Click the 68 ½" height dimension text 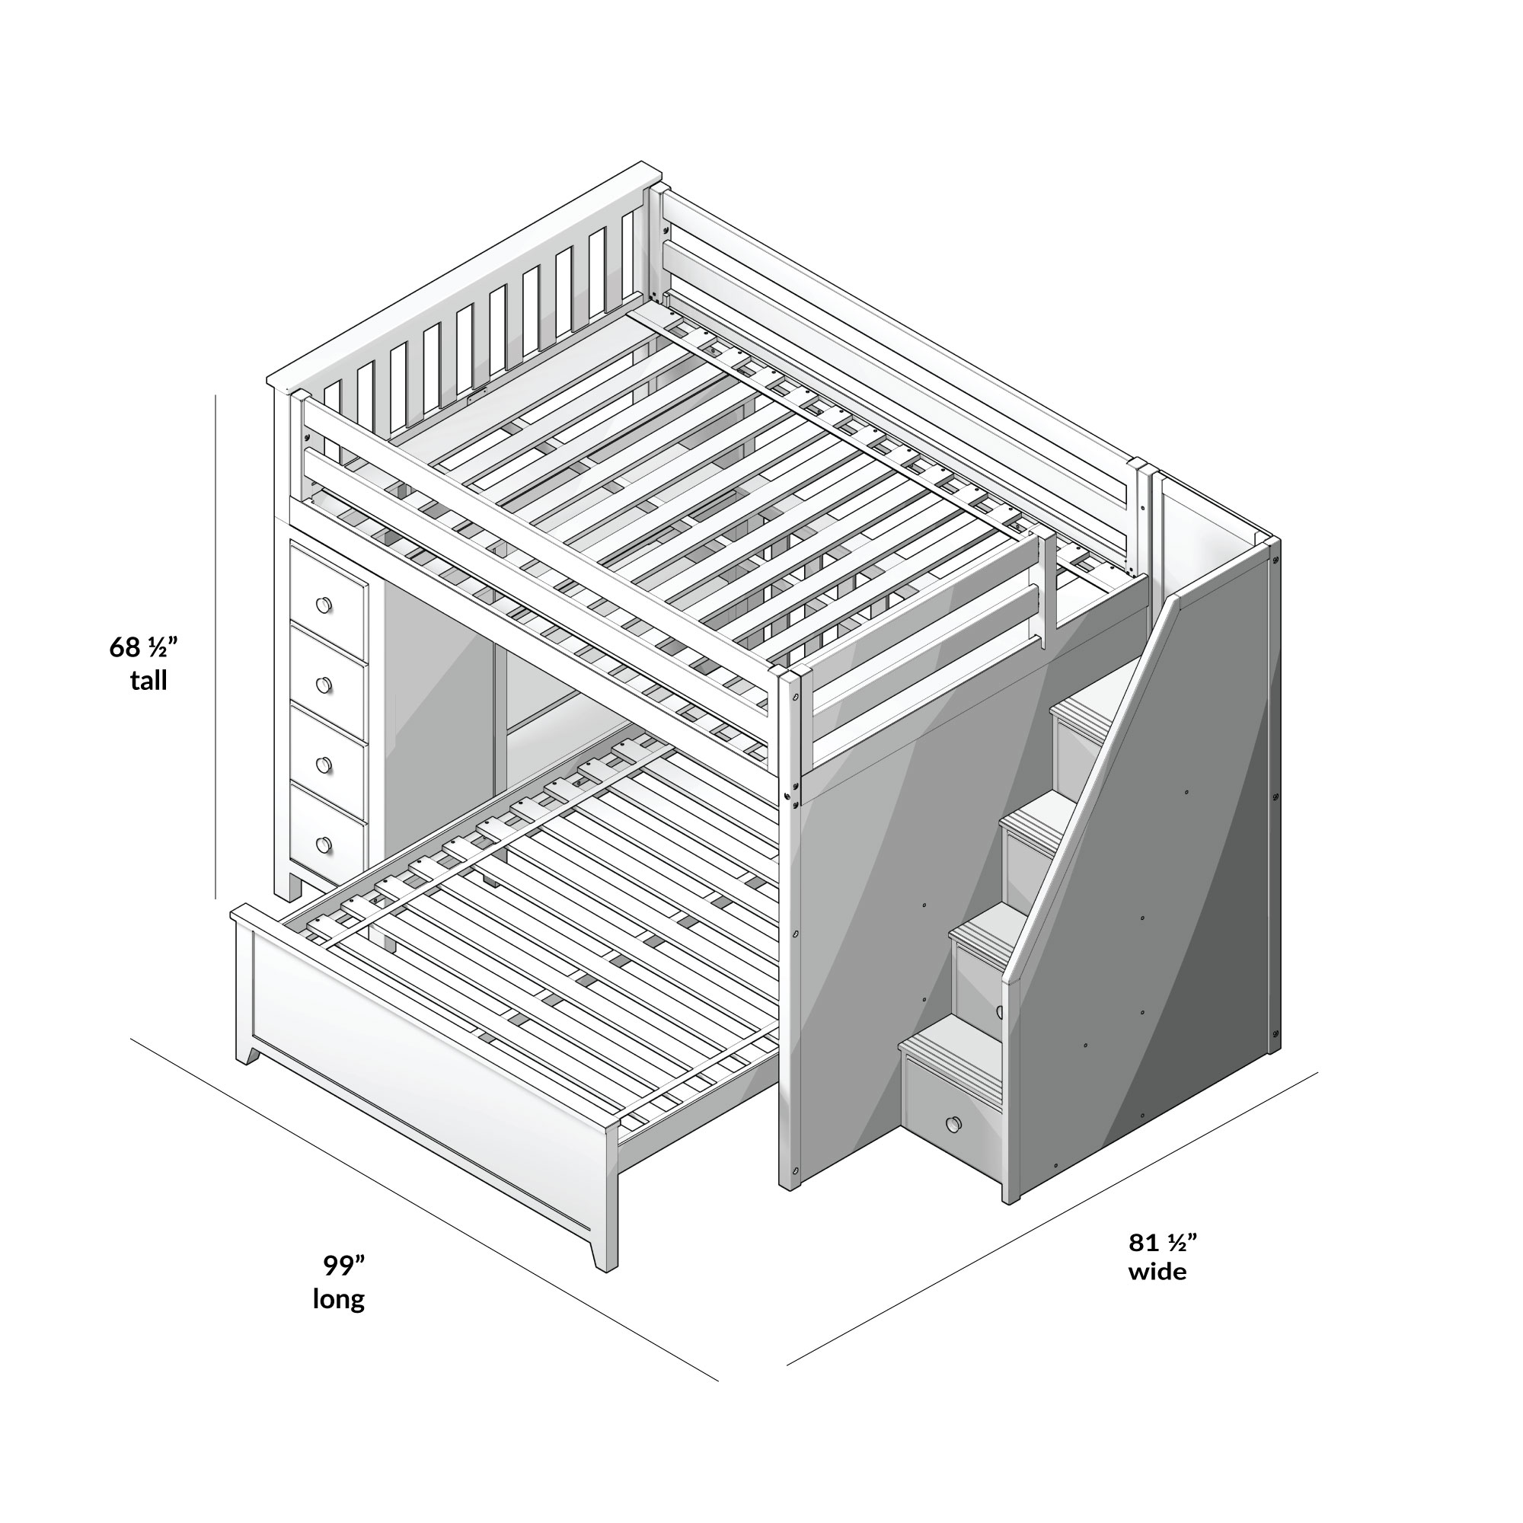pyautogui.click(x=143, y=647)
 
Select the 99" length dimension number pyautogui.click(x=343, y=1265)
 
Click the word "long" pyautogui.click(x=338, y=1298)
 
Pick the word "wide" pyautogui.click(x=1157, y=1272)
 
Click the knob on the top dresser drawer pyautogui.click(x=323, y=605)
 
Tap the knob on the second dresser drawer pyautogui.click(x=323, y=685)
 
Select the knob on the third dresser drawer pyautogui.click(x=323, y=765)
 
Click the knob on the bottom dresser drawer pyautogui.click(x=323, y=845)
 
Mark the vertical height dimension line pyautogui.click(x=216, y=647)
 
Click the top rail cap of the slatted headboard pyautogui.click(x=465, y=272)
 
